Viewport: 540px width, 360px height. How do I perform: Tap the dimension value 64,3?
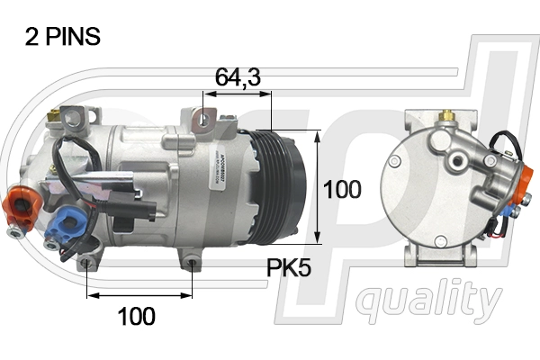tap(238, 78)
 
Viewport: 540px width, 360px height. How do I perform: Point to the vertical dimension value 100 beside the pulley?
tap(342, 189)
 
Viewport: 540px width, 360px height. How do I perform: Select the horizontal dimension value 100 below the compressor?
tap(136, 316)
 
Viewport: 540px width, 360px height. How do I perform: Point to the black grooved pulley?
tap(285, 186)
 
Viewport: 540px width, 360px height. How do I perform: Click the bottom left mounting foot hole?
tap(86, 263)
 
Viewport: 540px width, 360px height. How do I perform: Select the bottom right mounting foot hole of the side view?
tap(193, 263)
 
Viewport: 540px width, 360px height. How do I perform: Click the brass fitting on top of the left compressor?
tap(56, 115)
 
